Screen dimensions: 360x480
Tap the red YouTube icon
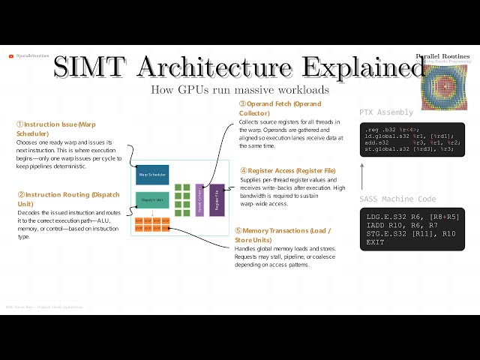coord(10,55)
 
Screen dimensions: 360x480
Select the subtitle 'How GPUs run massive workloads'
coord(239,90)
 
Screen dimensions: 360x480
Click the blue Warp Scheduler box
coord(151,175)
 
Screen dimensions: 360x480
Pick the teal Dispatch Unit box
coord(151,200)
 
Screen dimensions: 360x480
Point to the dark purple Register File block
coord(217,199)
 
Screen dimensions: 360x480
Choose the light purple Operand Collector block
coord(199,199)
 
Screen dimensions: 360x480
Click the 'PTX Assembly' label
coord(386,112)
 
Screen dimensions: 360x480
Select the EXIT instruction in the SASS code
coord(375,242)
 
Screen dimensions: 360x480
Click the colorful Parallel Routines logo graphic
coord(448,86)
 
